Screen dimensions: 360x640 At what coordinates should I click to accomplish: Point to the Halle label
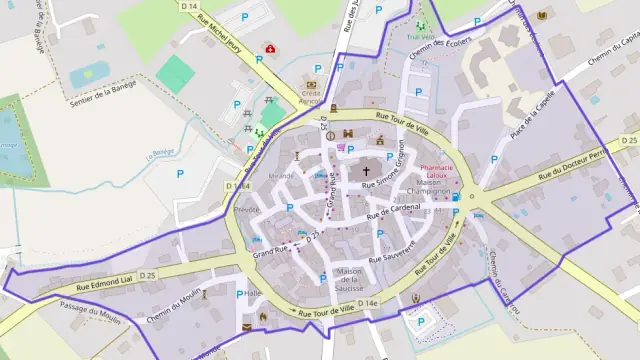coord(252,293)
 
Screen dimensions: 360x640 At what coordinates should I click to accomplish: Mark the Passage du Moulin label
coord(89,316)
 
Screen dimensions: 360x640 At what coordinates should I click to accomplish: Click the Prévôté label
coord(246,210)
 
